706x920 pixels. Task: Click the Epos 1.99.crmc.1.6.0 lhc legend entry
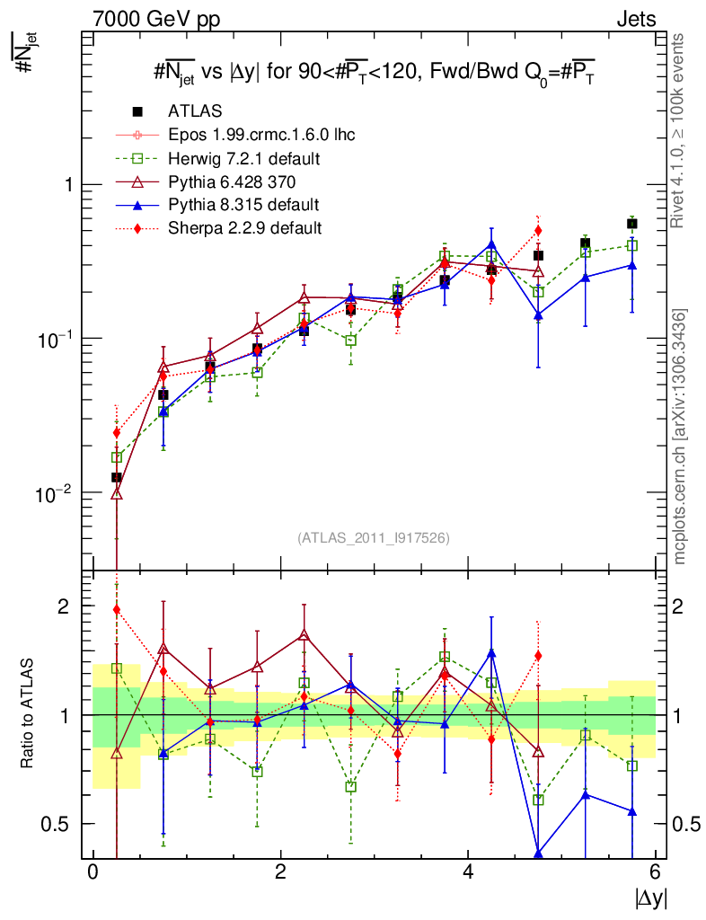[261, 135]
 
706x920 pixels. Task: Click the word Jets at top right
[635, 19]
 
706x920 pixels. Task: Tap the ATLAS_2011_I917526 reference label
[373, 538]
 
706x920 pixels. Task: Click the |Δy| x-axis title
[649, 898]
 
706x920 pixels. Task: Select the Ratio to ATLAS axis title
[27, 714]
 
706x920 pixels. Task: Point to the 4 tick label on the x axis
[468, 872]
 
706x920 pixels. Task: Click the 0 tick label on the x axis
[93, 872]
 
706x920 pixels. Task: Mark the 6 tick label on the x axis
[656, 872]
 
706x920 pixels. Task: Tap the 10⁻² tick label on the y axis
[57, 493]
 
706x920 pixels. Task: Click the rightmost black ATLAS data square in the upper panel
[632, 224]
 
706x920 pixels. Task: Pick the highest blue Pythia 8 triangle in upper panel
[491, 243]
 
